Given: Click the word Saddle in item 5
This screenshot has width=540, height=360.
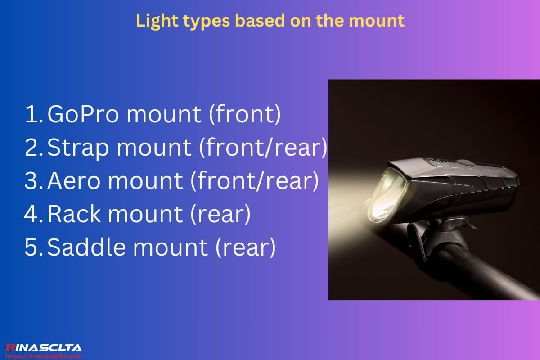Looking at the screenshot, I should click(x=84, y=247).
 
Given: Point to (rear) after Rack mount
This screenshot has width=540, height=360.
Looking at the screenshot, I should click(x=220, y=215).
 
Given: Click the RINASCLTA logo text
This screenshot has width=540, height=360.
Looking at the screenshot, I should click(x=43, y=347).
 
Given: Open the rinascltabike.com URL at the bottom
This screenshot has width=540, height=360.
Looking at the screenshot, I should click(x=43, y=356).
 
